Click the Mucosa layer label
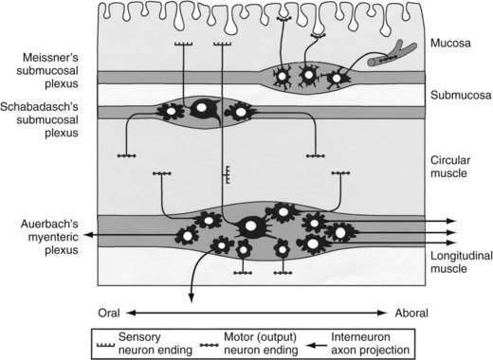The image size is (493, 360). (x=450, y=43)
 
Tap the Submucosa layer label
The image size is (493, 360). (x=461, y=95)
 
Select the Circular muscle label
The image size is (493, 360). (x=450, y=167)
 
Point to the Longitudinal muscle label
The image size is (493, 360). (x=462, y=262)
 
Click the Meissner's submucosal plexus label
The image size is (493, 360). (x=47, y=70)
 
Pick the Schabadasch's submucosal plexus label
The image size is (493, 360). (x=39, y=119)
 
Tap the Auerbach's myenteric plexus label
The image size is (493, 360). (x=49, y=237)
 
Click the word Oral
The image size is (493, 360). (x=109, y=313)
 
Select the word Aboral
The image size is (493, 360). (x=411, y=313)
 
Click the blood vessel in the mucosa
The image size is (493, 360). (x=392, y=54)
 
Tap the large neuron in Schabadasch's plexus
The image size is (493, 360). (x=203, y=109)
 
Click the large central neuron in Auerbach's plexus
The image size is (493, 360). (x=251, y=226)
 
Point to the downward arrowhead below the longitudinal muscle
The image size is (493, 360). (x=192, y=297)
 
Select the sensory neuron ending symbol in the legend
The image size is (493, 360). (x=105, y=345)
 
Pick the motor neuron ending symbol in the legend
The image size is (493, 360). (x=209, y=346)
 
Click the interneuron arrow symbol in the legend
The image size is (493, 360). (x=317, y=346)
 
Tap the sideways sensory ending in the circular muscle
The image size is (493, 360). (x=227, y=174)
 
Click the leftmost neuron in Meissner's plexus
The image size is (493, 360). (x=282, y=77)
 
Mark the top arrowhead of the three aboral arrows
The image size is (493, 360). (x=451, y=221)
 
